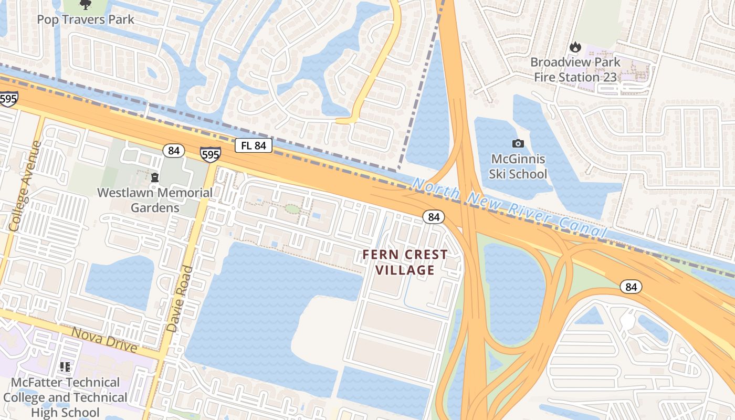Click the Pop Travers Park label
pyautogui.click(x=86, y=20)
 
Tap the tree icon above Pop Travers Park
pyautogui.click(x=85, y=5)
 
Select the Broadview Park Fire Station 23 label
pyautogui.click(x=575, y=69)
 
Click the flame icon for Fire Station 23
pyautogui.click(x=575, y=47)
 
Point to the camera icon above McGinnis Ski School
pyautogui.click(x=518, y=143)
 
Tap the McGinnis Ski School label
pyautogui.click(x=518, y=166)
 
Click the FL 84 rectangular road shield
pyautogui.click(x=253, y=145)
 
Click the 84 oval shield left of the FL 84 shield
pyautogui.click(x=174, y=151)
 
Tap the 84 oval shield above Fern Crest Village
pyautogui.click(x=433, y=216)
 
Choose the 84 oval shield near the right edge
pyautogui.click(x=631, y=287)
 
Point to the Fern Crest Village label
pyautogui.click(x=405, y=262)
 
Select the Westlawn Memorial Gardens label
pyautogui.click(x=155, y=200)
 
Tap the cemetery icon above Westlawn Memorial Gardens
pyautogui.click(x=155, y=178)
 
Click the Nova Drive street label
pyautogui.click(x=104, y=340)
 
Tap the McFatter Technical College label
pyautogui.click(x=65, y=397)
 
